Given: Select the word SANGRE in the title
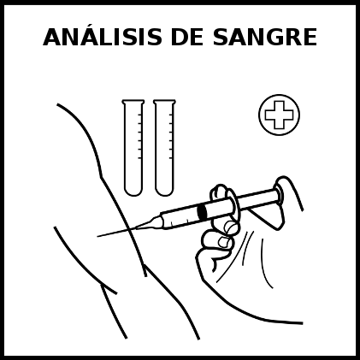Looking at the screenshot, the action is pos(265,37).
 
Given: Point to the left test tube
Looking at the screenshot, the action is pos(133,148).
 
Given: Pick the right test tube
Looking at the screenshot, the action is pos(164,148).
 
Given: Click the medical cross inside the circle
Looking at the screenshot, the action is pos(279,115).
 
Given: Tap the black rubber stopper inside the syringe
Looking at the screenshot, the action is pos(202,212).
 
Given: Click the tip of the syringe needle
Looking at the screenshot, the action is pos(97,236).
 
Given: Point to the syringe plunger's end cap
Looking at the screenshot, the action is pos(278,195).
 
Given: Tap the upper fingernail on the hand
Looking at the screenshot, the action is pos(231,227).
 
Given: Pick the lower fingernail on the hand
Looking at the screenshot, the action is pos(225,242).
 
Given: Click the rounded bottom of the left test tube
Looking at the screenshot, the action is pos(133,192).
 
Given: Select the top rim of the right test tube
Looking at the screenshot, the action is pos(164,101).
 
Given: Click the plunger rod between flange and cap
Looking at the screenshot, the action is pos(256,198).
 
